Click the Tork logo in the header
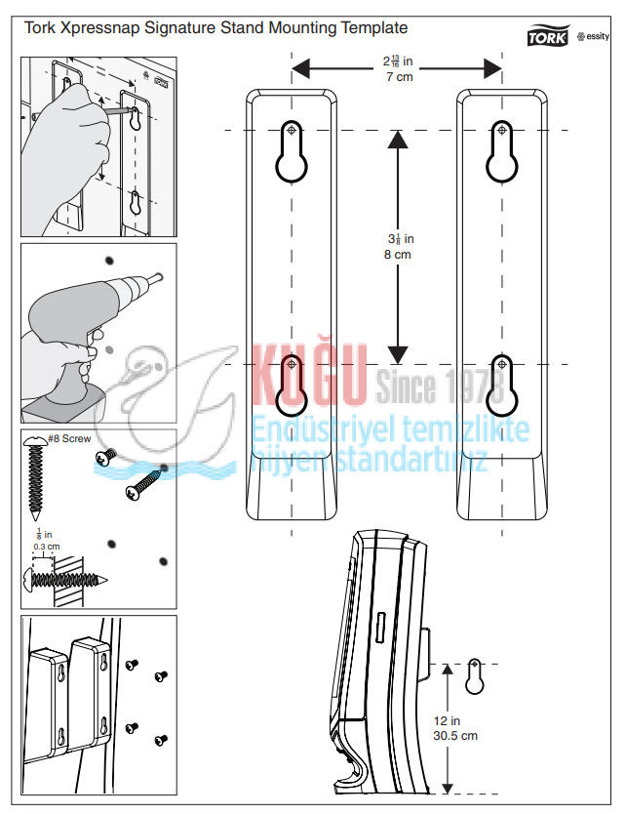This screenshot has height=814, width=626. click(549, 36)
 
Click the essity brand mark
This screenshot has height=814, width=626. click(594, 37)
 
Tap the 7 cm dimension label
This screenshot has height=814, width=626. click(398, 77)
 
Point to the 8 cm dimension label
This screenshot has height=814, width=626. click(398, 254)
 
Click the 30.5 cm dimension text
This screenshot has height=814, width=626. click(456, 735)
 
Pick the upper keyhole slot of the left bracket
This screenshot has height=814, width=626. click(292, 152)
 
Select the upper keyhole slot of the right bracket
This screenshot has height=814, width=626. click(500, 152)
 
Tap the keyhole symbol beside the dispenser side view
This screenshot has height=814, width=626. click(474, 676)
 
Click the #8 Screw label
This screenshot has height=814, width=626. click(69, 439)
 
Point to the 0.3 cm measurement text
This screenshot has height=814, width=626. click(46, 547)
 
